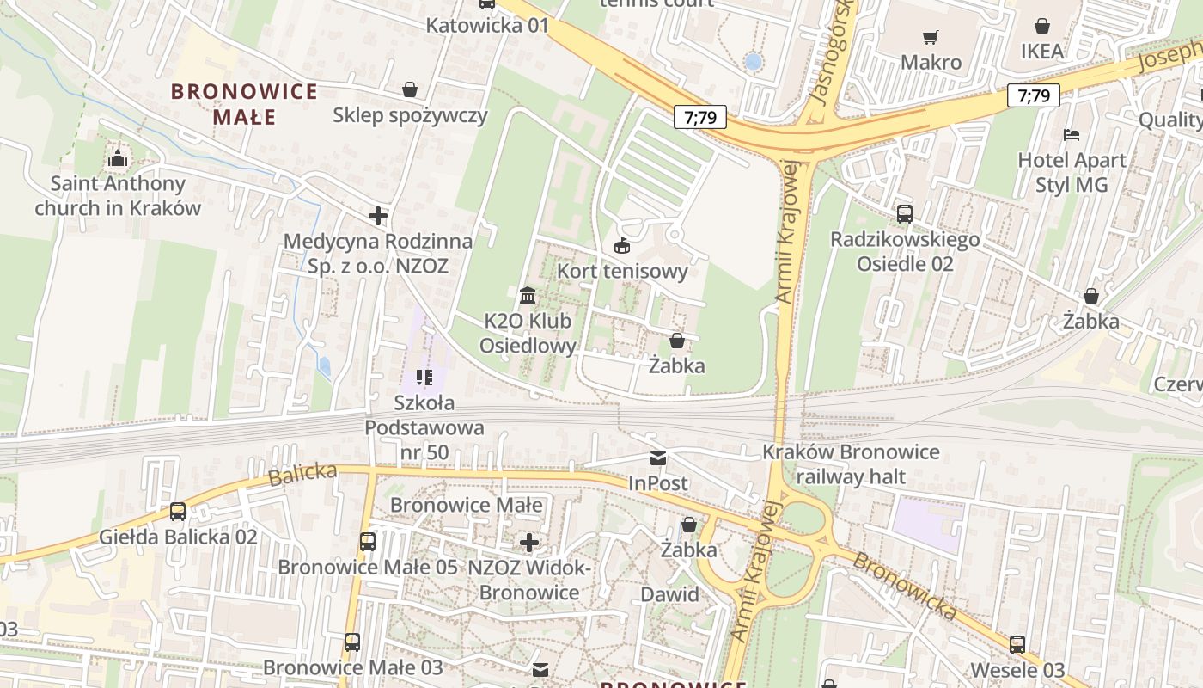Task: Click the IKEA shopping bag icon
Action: pos(1042,26)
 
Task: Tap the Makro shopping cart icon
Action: pos(930,37)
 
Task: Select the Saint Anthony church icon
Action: pos(118,159)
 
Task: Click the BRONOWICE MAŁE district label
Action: pos(244,103)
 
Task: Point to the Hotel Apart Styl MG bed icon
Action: pos(1071,135)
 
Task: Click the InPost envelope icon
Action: pos(657,458)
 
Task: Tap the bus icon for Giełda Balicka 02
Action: pos(178,512)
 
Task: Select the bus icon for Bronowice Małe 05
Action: pos(367,542)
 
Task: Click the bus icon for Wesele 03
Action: pos(1017,644)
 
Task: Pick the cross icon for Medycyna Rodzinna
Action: pos(378,216)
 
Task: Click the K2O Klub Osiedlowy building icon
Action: pos(528,296)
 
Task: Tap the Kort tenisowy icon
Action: pos(622,246)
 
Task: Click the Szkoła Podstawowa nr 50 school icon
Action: pos(424,377)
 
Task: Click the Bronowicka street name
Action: pos(905,587)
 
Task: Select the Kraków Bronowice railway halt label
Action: pos(851,464)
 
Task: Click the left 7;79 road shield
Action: pos(700,117)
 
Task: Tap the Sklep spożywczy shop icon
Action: pos(410,89)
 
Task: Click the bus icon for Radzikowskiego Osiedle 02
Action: pos(904,214)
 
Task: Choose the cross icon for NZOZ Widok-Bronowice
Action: pos(529,543)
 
